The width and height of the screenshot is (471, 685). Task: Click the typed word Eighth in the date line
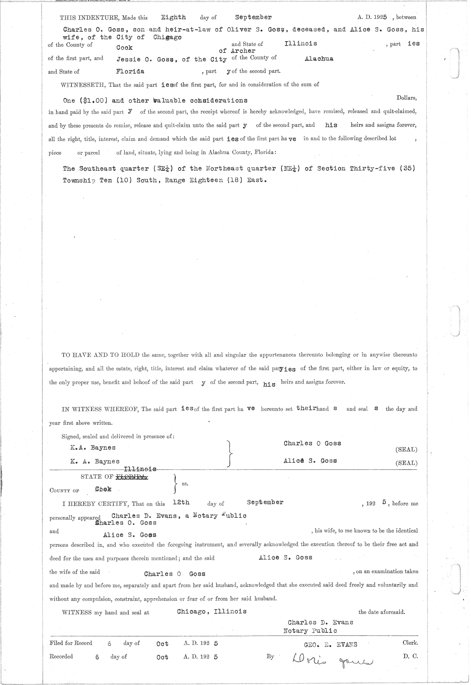pyautogui.click(x=173, y=17)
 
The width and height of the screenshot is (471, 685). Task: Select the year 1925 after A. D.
pyautogui.click(x=380, y=17)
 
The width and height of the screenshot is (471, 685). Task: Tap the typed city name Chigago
pyautogui.click(x=167, y=37)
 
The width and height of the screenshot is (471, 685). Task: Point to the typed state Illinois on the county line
pyautogui.click(x=301, y=44)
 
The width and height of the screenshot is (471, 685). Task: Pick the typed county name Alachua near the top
pyautogui.click(x=319, y=58)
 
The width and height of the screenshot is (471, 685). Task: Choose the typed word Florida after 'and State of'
pyautogui.click(x=130, y=71)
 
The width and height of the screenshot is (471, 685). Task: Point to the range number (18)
pyautogui.click(x=225, y=181)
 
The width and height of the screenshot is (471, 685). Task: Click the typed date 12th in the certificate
pyautogui.click(x=181, y=502)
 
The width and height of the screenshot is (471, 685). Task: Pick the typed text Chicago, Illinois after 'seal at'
pyautogui.click(x=212, y=611)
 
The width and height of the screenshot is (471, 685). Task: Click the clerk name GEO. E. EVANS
pyautogui.click(x=330, y=644)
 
